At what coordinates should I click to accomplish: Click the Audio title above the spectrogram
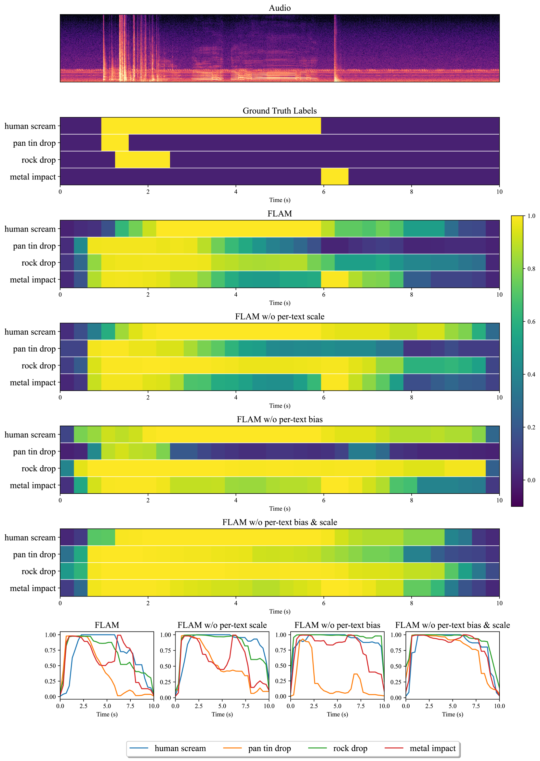(279, 8)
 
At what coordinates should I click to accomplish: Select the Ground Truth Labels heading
(279, 111)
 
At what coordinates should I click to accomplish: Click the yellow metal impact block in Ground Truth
(335, 177)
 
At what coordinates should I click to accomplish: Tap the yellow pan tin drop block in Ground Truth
(115, 143)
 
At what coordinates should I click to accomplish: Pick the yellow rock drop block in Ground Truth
(142, 160)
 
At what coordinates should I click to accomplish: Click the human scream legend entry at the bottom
(180, 748)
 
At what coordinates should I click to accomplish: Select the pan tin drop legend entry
(269, 748)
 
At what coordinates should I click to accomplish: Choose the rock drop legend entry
(350, 748)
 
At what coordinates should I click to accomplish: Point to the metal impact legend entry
(432, 748)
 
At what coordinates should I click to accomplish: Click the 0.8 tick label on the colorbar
(531, 269)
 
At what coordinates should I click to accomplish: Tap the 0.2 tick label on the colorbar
(531, 427)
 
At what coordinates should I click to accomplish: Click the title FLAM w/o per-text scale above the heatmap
(279, 316)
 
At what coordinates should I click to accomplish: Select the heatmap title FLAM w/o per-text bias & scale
(279, 522)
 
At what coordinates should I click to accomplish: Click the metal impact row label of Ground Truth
(33, 177)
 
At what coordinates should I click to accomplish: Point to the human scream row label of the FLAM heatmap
(30, 229)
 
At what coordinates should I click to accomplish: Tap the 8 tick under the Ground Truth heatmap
(411, 192)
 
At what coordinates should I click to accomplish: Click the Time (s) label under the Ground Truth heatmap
(279, 200)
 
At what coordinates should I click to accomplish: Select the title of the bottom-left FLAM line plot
(107, 625)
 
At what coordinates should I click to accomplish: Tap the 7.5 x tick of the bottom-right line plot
(476, 706)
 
